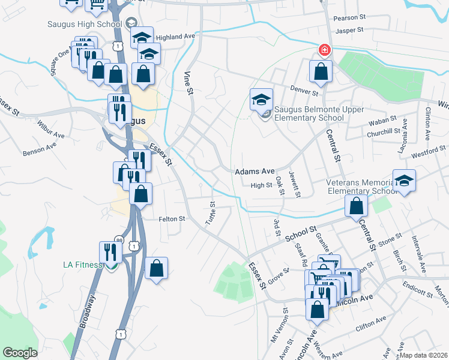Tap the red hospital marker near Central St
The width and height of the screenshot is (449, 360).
click(324, 50)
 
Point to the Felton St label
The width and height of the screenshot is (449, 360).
click(171, 219)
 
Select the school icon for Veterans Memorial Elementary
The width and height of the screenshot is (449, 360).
click(405, 181)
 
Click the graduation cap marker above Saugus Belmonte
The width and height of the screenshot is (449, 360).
click(261, 100)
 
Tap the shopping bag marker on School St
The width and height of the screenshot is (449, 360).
click(357, 206)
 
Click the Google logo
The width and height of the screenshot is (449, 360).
click(20, 353)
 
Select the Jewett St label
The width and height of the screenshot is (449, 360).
click(294, 183)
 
